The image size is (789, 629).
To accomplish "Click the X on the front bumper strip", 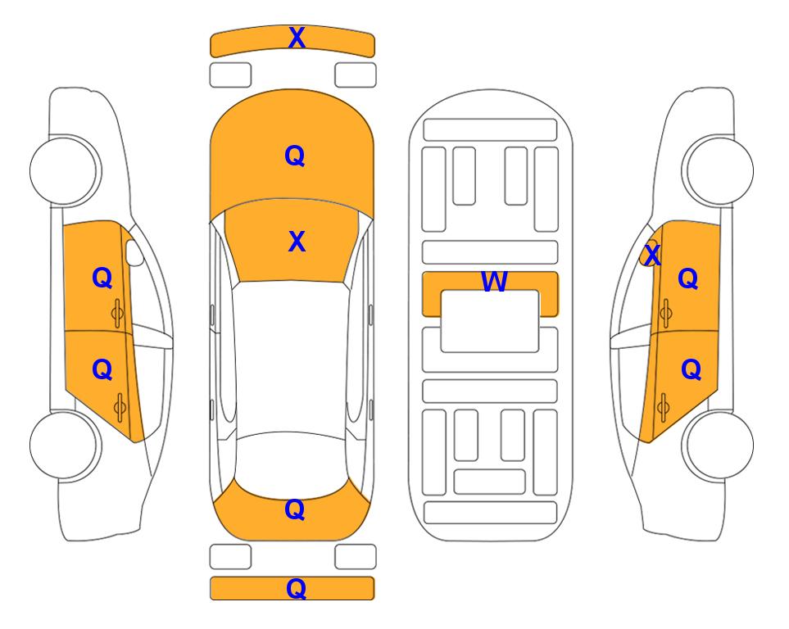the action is [297, 38].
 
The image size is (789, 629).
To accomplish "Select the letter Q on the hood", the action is [295, 156].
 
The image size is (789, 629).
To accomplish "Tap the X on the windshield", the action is [297, 242].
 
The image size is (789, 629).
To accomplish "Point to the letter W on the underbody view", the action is [494, 281].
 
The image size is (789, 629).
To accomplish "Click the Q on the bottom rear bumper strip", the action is [296, 589].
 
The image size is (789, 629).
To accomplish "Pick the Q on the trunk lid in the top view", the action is [295, 509].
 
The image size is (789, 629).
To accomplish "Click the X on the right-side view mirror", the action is [652, 255].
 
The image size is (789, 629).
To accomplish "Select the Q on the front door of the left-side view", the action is [102, 278].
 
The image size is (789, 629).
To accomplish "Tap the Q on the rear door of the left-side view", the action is [102, 370].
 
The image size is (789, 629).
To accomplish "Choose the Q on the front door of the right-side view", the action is [688, 278].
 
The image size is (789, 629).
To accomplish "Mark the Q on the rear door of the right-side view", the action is [691, 370].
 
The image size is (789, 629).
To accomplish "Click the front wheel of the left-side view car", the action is [64, 170].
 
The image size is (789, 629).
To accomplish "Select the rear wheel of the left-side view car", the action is [64, 446].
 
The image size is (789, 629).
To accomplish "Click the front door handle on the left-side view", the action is [118, 313].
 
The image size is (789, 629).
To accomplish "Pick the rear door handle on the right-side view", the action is [664, 408].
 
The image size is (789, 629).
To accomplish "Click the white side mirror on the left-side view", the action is [134, 252].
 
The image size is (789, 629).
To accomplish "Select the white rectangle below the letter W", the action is [490, 321].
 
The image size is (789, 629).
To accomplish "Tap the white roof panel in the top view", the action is [292, 358].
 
